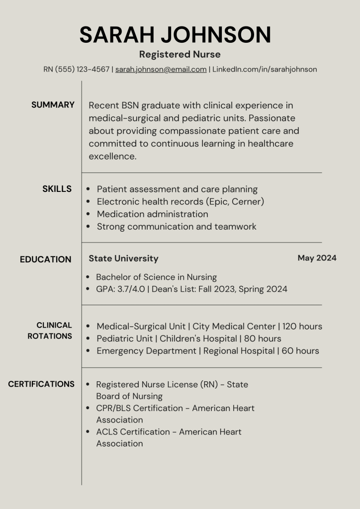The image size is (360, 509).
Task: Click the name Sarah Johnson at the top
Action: coord(175,35)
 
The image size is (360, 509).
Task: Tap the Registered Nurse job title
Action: coord(180,54)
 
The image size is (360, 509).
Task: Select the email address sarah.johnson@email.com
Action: coord(161,70)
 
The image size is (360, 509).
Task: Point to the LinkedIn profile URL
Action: coord(265,70)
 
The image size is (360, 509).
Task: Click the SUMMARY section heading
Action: coord(53,105)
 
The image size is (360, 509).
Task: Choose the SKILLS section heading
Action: coord(57,189)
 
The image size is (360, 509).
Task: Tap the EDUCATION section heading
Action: coord(45,259)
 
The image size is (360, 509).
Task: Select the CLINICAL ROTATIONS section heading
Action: coord(50,331)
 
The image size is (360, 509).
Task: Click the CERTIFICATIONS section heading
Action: coord(41,384)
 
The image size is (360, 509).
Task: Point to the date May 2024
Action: coord(317,258)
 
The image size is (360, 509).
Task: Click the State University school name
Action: coord(123,258)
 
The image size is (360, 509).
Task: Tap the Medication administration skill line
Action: coord(152,214)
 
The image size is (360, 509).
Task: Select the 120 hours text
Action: coord(302,327)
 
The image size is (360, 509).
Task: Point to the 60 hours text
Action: coord(300,351)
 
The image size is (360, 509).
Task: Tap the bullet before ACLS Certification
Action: coord(88,432)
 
